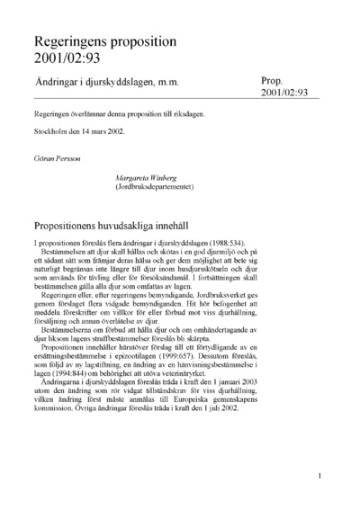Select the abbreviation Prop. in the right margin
tap(274, 80)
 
